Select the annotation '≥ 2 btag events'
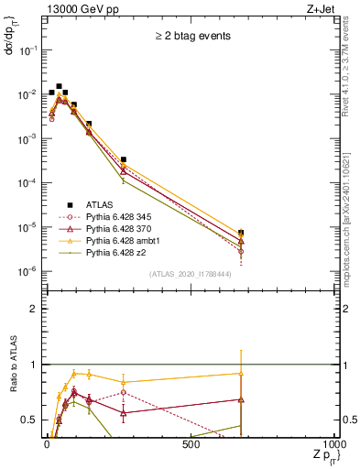coord(191,38)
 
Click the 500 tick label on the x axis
coord(191,444)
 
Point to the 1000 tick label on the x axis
coord(335,444)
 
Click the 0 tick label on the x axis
coord(47,444)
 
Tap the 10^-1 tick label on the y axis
coord(27,50)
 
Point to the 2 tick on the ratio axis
coord(33,309)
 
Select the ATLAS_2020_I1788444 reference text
coord(191,274)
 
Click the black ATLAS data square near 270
coord(124,159)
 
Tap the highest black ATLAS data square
coord(60,86)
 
